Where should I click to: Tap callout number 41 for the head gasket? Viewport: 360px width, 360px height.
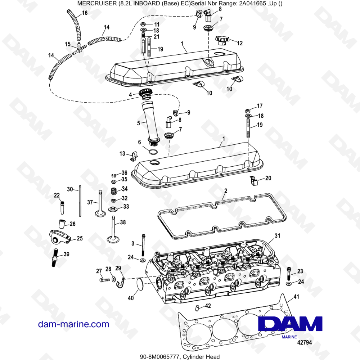(x=296, y=297)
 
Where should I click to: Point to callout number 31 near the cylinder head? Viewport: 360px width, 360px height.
(x=277, y=236)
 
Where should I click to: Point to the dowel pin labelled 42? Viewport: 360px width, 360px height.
(x=198, y=307)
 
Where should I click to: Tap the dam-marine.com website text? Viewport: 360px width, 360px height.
(x=73, y=324)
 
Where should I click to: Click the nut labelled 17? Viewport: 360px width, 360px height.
(x=248, y=110)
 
